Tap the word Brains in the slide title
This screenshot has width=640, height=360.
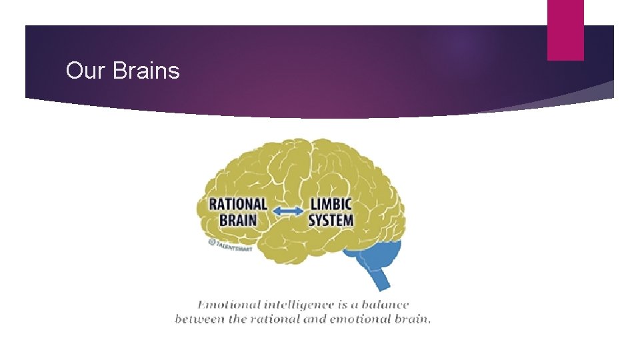coord(147,71)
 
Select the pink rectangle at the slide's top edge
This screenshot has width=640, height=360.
coord(565,30)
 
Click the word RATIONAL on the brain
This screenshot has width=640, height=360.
coord(238,204)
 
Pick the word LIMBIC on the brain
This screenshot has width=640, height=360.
coord(331,204)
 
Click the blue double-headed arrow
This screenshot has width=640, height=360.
coord(288,211)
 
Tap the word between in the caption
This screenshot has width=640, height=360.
coord(198,319)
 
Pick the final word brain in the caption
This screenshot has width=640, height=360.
coord(414,319)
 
